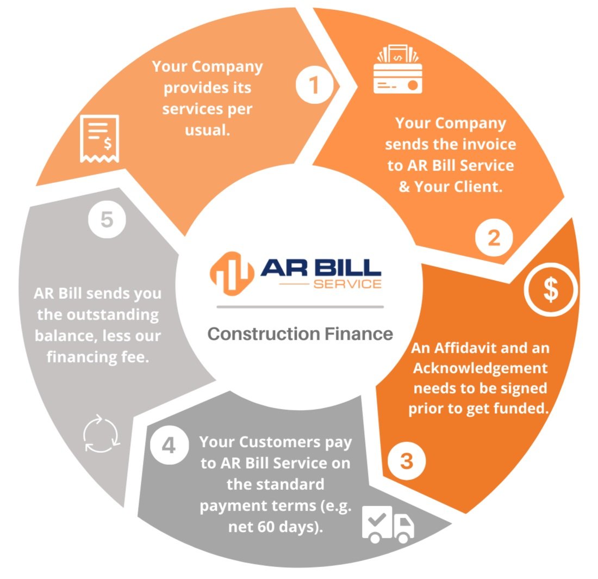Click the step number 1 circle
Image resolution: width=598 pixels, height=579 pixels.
(x=314, y=86)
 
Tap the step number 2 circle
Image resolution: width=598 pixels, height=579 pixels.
(x=494, y=238)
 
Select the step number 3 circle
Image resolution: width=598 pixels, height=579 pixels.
(x=407, y=461)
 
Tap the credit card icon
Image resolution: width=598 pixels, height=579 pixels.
(x=398, y=70)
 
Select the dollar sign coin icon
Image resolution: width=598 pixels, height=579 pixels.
(x=551, y=291)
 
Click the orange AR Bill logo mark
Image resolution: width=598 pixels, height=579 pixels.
(x=232, y=269)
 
